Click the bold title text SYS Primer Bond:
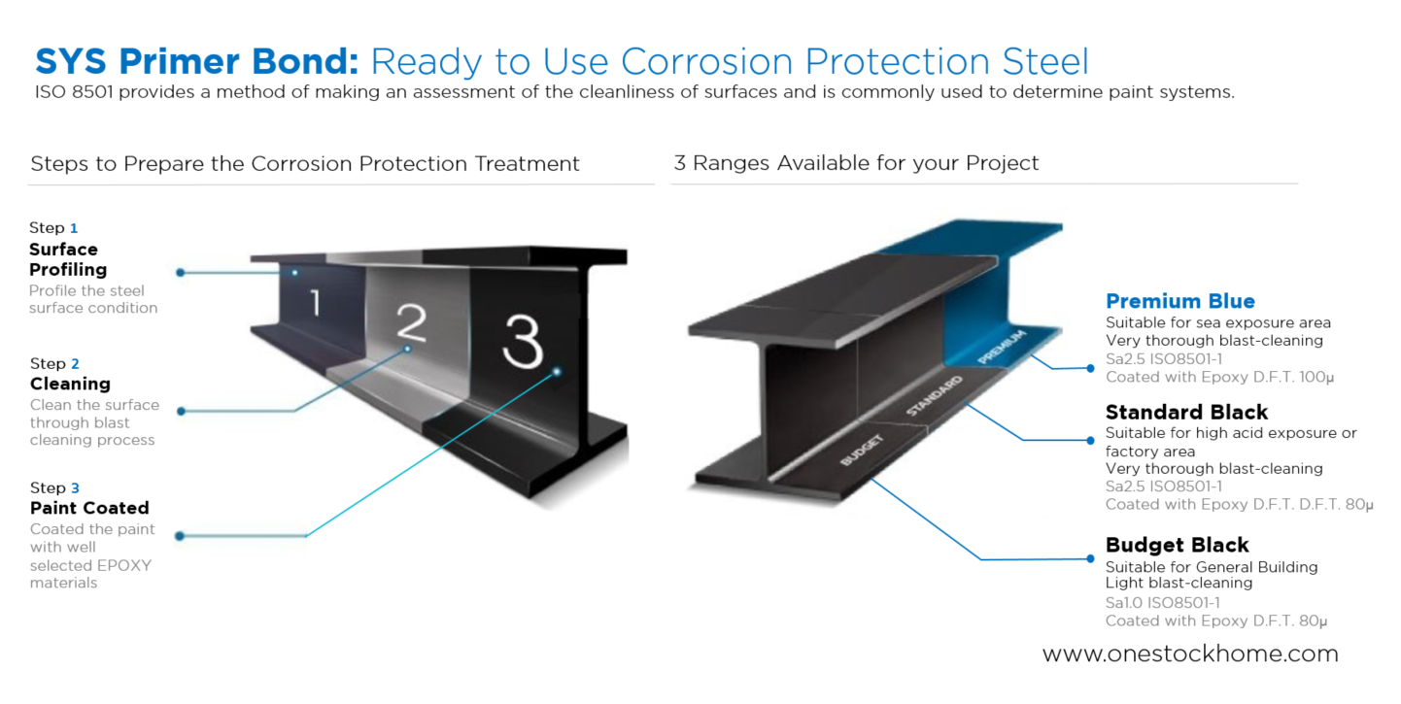197,62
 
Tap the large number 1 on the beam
316,303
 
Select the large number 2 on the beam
412,322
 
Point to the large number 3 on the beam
522,341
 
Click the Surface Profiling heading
68,259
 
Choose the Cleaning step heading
70,384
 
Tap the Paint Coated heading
89,508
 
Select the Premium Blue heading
1180,301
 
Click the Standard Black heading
1186,412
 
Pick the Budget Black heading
1178,545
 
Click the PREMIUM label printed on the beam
1002,347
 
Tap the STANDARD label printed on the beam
934,396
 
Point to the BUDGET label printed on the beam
862,451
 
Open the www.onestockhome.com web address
1190,654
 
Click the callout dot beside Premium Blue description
1090,368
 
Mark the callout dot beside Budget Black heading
1090,558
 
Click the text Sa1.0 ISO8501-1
1163,603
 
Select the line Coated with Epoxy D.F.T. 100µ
1219,377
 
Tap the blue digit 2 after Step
75,364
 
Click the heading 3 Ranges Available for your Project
856,163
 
